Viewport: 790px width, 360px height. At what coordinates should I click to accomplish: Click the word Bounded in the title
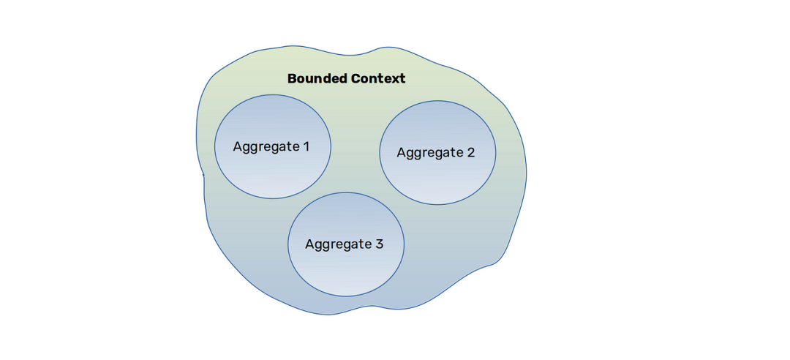click(317, 78)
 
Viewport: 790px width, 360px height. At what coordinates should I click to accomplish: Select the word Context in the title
click(378, 78)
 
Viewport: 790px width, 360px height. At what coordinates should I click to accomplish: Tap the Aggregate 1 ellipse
click(273, 147)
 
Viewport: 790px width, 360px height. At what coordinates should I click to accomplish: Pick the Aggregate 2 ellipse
click(437, 153)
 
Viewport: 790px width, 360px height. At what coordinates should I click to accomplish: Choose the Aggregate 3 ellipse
click(345, 244)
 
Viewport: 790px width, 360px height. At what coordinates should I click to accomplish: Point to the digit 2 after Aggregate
click(470, 152)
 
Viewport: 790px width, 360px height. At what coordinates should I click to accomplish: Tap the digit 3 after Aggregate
click(380, 244)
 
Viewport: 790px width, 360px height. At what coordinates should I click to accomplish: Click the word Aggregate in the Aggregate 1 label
click(266, 148)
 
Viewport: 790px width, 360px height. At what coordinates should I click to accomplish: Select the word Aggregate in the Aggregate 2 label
click(430, 153)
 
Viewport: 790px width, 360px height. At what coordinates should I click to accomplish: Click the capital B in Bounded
click(292, 78)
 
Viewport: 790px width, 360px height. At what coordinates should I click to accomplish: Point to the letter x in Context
click(395, 80)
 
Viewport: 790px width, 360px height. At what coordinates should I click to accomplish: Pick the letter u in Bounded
click(309, 80)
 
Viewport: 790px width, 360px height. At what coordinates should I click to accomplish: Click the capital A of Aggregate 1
click(237, 147)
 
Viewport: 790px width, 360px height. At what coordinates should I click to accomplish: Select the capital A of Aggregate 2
click(402, 152)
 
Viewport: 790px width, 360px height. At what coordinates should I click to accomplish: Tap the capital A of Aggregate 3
click(310, 244)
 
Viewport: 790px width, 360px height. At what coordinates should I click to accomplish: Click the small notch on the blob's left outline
click(203, 175)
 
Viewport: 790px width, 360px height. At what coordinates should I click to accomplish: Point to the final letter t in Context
click(402, 79)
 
